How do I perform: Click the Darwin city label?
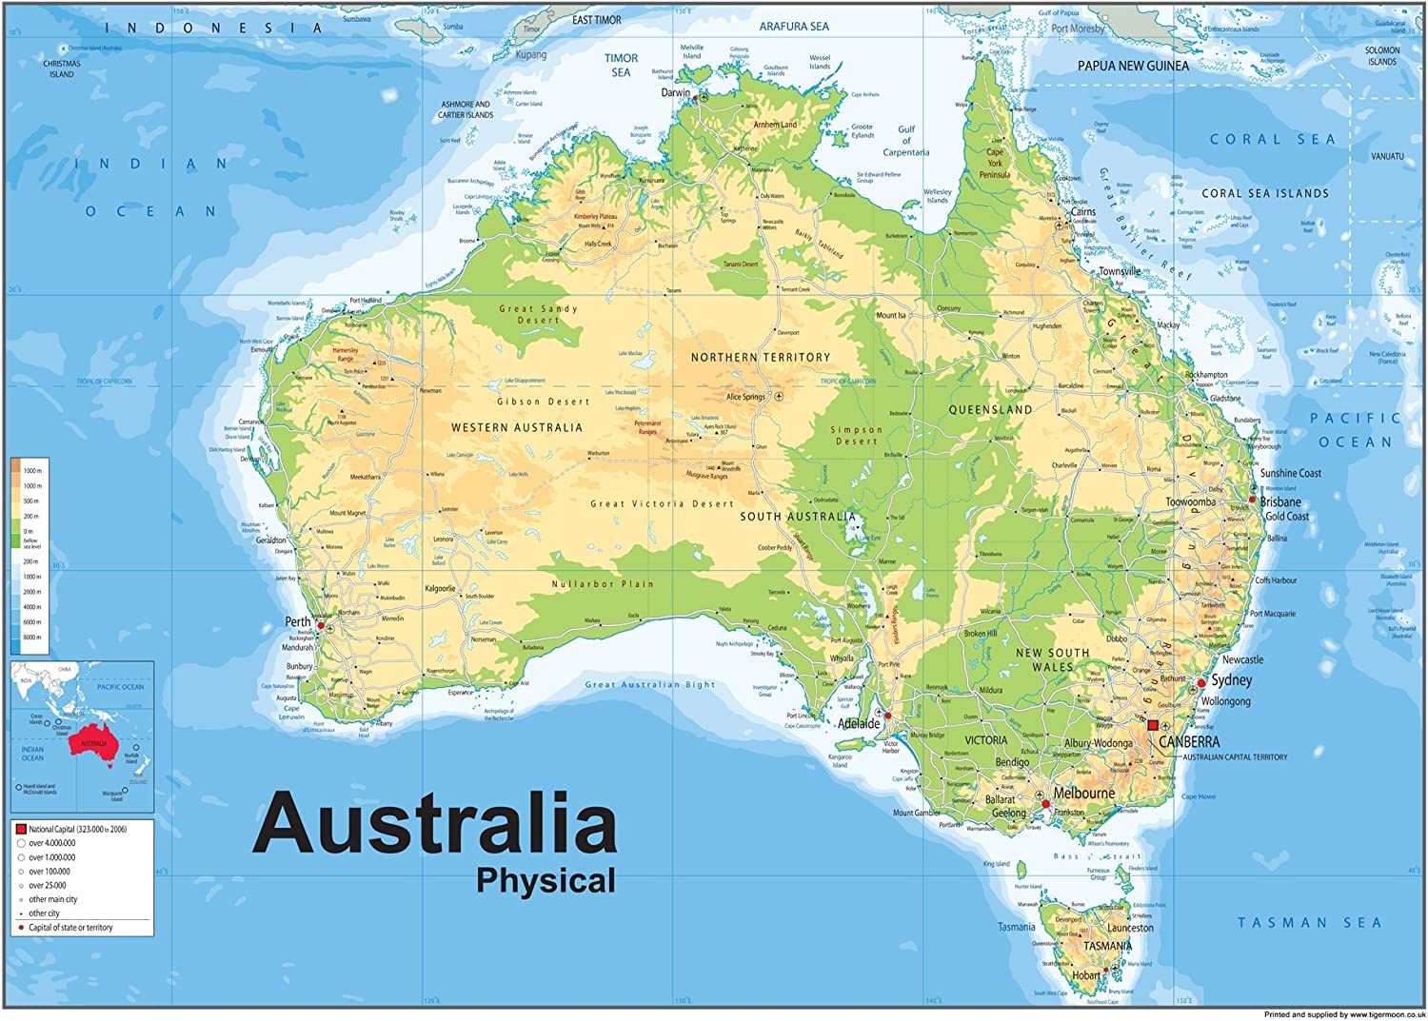[x=675, y=93]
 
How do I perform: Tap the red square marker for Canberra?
[x=1153, y=725]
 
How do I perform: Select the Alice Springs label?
[x=745, y=397]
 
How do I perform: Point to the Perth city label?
[x=298, y=622]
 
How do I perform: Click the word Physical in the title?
[x=545, y=881]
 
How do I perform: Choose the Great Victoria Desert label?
[x=662, y=504]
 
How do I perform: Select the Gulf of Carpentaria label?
[x=905, y=141]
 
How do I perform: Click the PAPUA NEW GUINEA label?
[x=1133, y=66]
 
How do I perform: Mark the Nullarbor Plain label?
[x=603, y=584]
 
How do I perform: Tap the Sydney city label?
[x=1232, y=680]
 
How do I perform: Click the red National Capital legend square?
[x=20, y=830]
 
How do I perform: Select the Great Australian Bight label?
[x=649, y=685]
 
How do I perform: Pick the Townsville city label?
[x=1120, y=271]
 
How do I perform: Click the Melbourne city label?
[x=1083, y=793]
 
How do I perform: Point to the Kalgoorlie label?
[x=440, y=589]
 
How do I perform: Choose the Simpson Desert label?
[x=857, y=435]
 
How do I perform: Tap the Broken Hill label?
[x=980, y=634]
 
